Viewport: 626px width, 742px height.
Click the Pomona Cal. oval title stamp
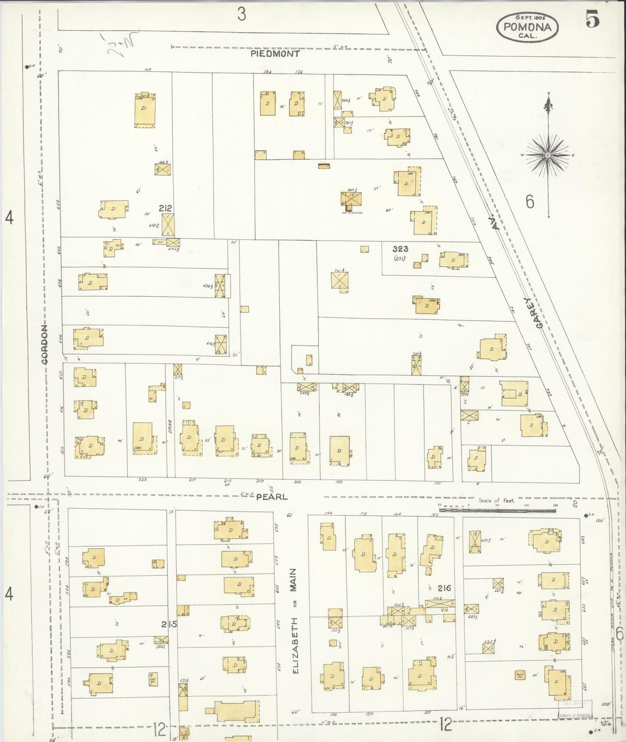[x=527, y=27]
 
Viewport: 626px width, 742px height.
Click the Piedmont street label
[x=276, y=54]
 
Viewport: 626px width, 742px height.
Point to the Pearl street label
[x=272, y=497]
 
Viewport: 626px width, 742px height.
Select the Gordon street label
[x=45, y=344]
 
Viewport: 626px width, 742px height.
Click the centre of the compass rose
[x=548, y=155]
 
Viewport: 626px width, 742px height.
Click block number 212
[x=165, y=208]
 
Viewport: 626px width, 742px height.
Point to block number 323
[x=400, y=249]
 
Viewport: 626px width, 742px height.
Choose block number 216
[x=444, y=588]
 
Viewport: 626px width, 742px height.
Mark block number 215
[x=169, y=624]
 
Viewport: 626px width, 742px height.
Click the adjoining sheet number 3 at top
[x=241, y=14]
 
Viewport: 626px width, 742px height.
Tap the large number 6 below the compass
[x=530, y=202]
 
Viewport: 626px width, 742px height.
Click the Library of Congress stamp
[x=575, y=715]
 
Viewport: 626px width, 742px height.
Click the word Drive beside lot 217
[x=170, y=427]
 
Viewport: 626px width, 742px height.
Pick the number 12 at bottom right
[x=445, y=723]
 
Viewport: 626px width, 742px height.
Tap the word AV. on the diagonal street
[x=496, y=223]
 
